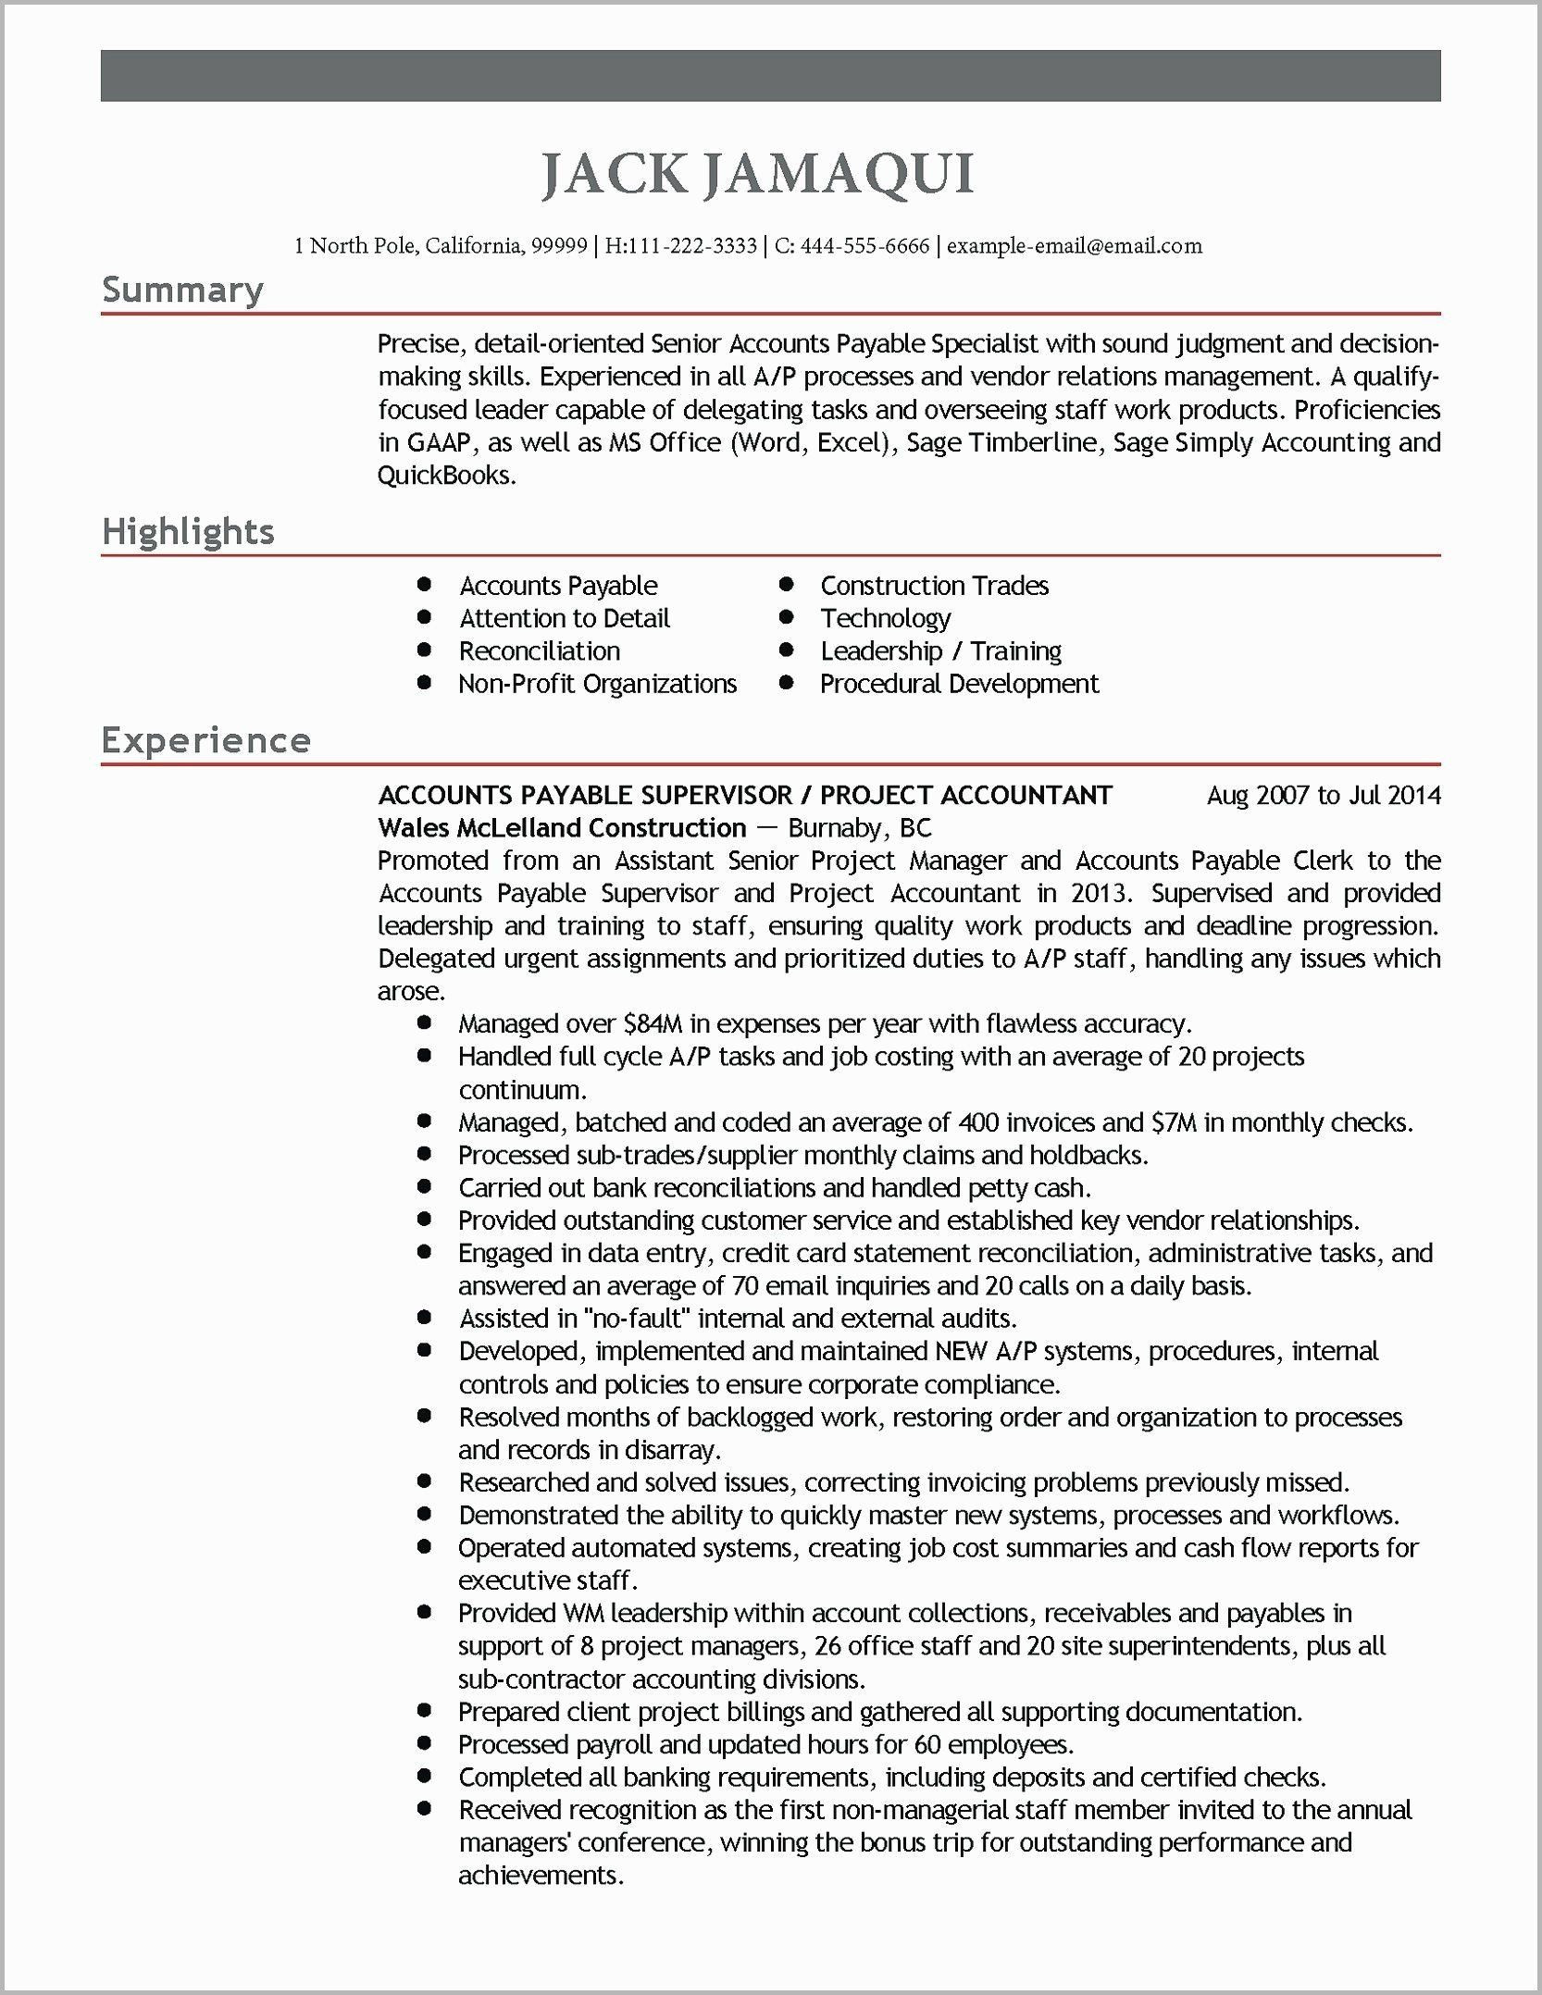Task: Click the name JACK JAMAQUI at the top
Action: pos(757,174)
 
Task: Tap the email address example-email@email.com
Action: pos(1074,246)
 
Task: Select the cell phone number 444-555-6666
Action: pos(864,246)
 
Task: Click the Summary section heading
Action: pos(182,290)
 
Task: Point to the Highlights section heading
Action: pos(188,532)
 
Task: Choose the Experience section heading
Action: pos(205,740)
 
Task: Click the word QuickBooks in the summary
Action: pos(445,476)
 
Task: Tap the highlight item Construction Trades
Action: pos(934,586)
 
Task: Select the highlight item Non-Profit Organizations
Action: pos(597,684)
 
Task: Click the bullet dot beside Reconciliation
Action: pos(425,651)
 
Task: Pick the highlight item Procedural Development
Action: pos(959,684)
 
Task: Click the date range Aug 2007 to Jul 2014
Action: pos(1323,795)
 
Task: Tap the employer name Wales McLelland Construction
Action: pos(562,827)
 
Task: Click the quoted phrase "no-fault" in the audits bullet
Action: pos(640,1318)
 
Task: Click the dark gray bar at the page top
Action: pos(770,76)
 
